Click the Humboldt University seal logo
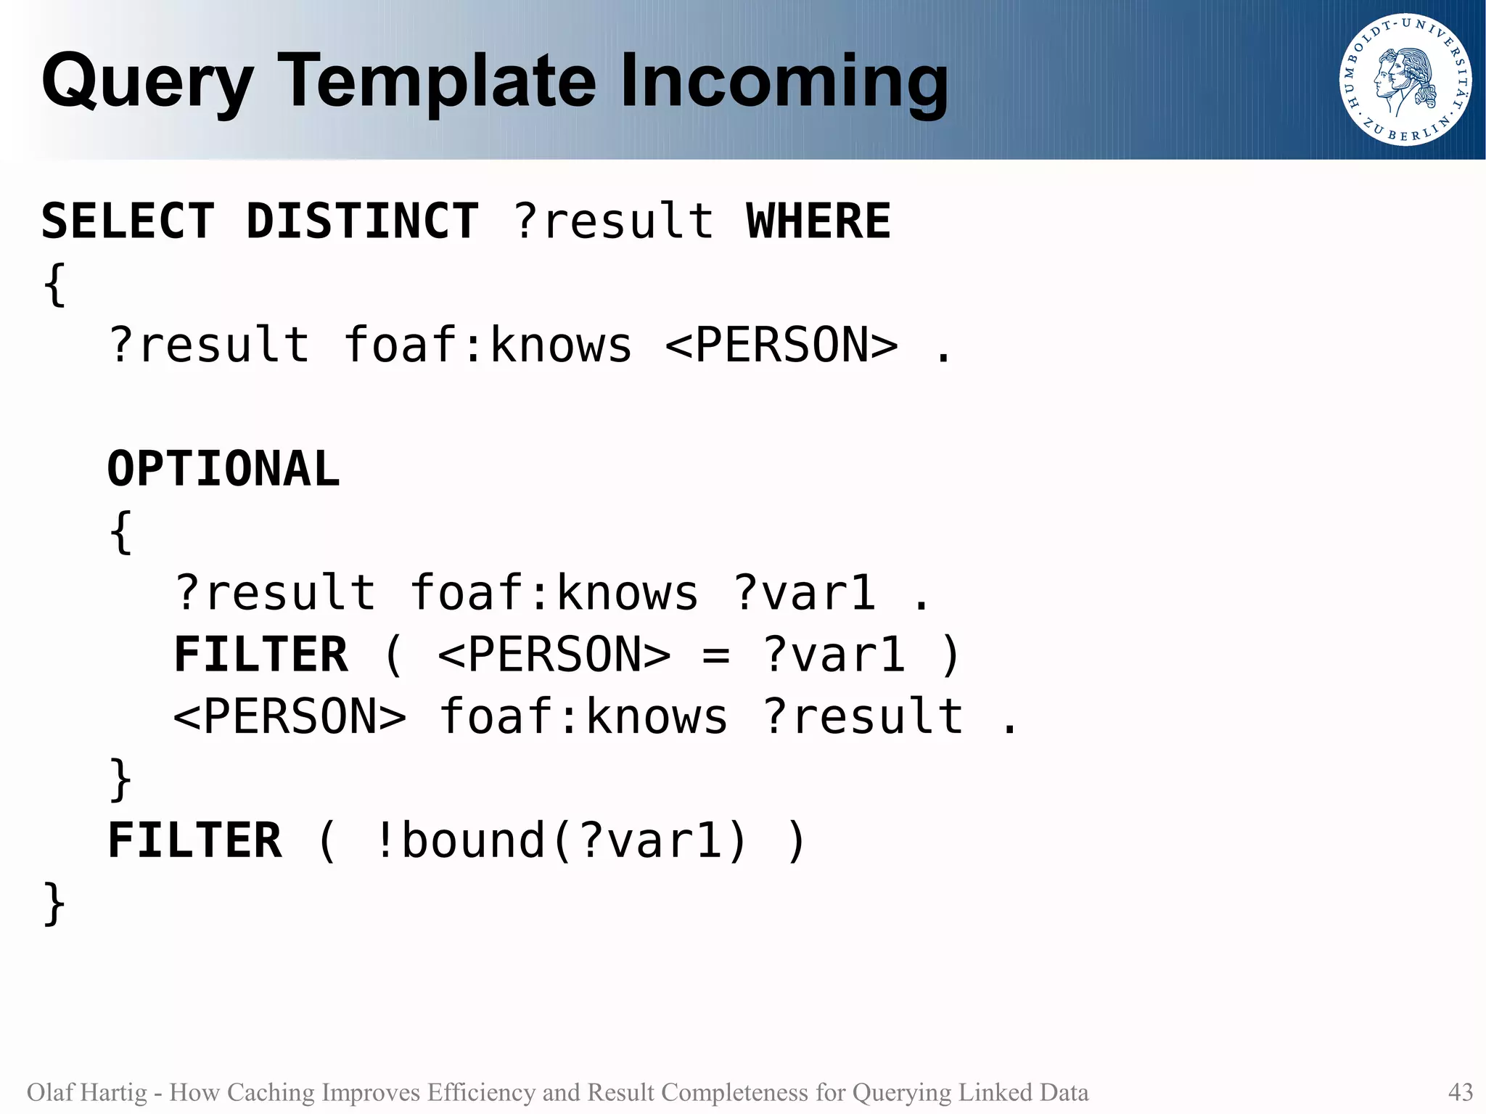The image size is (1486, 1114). (1405, 80)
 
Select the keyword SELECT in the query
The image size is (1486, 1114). (128, 221)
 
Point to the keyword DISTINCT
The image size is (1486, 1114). (362, 221)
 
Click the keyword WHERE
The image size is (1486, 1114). (818, 221)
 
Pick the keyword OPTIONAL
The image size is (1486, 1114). (223, 469)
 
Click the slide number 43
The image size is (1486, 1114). (1460, 1092)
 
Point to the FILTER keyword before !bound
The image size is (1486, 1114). (194, 841)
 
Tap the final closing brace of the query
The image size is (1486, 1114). (54, 904)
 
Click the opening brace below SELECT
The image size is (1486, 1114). (54, 285)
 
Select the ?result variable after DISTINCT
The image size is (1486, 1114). (613, 221)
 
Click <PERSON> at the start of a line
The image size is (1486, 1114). (290, 717)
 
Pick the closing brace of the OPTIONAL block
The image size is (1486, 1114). (120, 779)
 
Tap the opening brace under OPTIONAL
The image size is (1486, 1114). (120, 532)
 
